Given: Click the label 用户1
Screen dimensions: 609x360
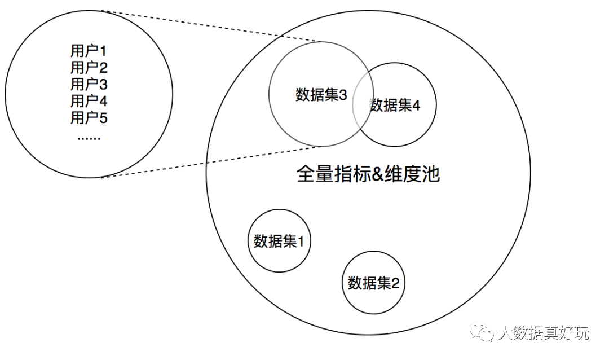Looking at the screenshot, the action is coord(89,51).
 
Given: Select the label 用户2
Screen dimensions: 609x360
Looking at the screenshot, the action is coord(89,68).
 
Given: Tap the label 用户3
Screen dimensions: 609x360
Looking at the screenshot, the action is coord(89,85).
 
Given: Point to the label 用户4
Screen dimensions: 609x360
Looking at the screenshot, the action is coord(89,102).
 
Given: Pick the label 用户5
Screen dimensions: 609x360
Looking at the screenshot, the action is coord(89,118).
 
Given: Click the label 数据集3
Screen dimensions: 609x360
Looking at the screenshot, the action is coord(321,95).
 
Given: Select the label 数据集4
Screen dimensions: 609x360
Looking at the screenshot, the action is coord(395,105).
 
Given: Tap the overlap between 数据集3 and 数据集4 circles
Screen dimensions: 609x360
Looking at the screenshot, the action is coord(363,104).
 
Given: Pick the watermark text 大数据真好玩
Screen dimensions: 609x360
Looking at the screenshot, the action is coord(544,333).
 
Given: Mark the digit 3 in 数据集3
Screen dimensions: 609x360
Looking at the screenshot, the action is coord(343,95).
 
